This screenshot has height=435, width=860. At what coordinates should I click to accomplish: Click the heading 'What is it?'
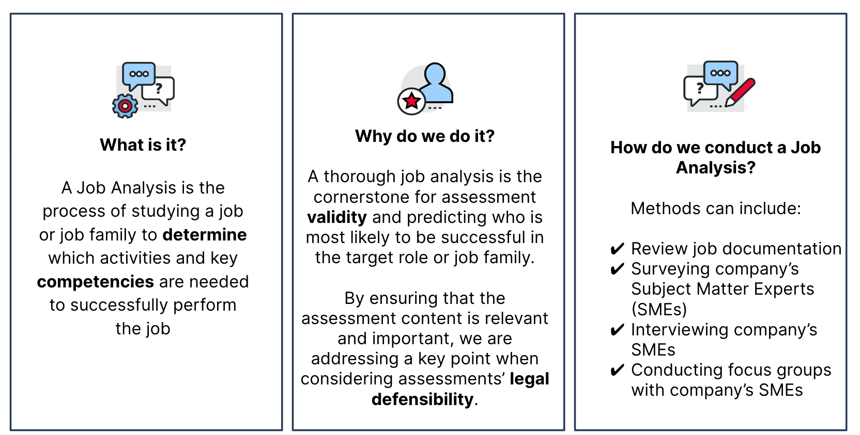tap(143, 145)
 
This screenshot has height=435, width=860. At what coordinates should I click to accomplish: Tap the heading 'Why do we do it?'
tap(425, 136)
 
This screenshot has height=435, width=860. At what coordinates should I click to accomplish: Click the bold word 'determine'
tap(205, 235)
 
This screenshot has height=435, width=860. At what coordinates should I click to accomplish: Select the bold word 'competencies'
tap(96, 282)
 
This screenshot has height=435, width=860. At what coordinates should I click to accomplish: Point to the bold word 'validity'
tap(337, 217)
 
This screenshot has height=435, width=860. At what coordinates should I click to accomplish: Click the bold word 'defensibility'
tap(423, 399)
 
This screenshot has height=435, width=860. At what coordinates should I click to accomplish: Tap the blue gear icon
tap(125, 106)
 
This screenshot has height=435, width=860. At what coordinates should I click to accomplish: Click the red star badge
tap(411, 101)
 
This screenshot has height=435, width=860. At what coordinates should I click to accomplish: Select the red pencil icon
tap(740, 92)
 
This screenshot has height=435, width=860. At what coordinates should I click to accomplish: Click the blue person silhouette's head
tap(435, 74)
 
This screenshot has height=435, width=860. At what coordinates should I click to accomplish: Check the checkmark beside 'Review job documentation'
tap(617, 249)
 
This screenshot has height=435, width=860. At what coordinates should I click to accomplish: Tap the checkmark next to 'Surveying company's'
tap(617, 269)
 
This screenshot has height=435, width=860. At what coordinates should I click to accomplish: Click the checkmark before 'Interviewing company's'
tap(617, 330)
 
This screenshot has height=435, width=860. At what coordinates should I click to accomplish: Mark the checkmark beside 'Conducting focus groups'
tap(617, 370)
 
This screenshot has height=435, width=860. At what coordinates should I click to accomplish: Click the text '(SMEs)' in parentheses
tap(659, 309)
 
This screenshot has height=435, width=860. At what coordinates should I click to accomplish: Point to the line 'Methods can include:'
tap(716, 208)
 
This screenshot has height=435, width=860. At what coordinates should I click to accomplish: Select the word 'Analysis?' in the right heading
tap(716, 168)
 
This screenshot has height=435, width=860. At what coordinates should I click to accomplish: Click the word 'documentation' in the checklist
tap(781, 249)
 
